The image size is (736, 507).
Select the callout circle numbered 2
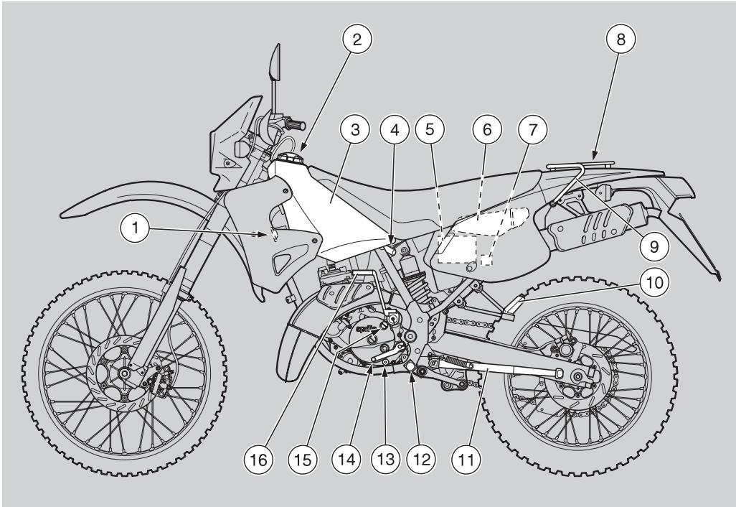[357, 40]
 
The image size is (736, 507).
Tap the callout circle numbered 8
[621, 40]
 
